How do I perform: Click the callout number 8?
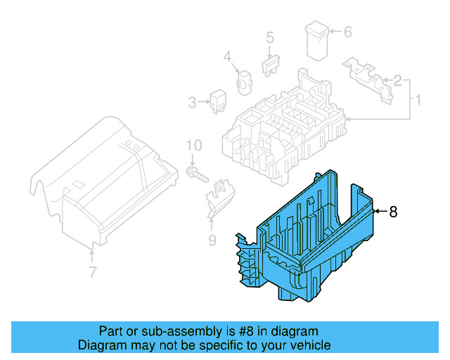(393, 212)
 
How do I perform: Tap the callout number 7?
(91, 271)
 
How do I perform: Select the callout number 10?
(194, 146)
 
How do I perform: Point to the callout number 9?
(212, 243)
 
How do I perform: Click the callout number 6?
(347, 31)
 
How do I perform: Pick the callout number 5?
(269, 37)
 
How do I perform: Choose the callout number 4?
(227, 56)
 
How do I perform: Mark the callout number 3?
(193, 103)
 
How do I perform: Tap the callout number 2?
(397, 81)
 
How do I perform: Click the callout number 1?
(418, 100)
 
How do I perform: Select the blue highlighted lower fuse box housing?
(309, 239)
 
